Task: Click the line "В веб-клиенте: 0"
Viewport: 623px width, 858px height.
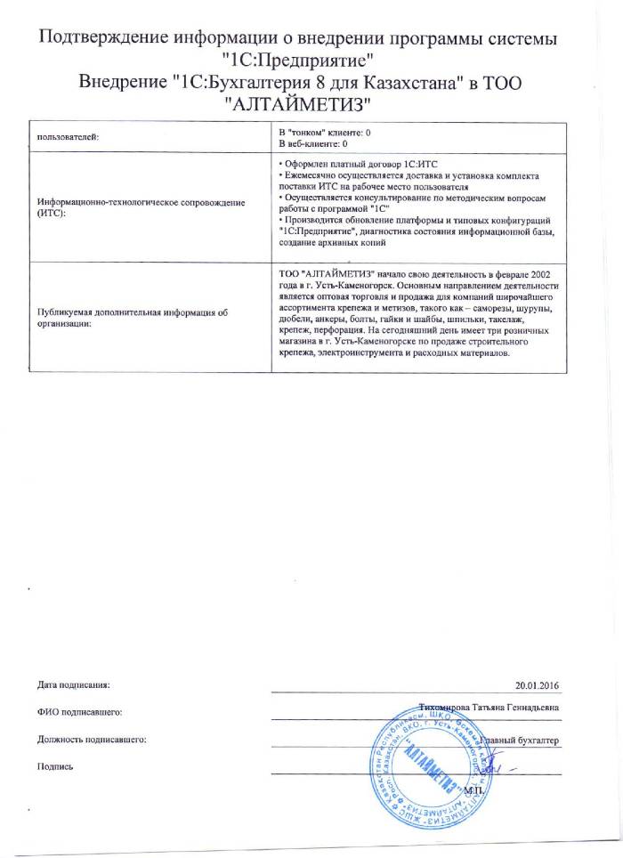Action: pos(313,143)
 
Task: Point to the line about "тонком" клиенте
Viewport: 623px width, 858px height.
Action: pos(325,133)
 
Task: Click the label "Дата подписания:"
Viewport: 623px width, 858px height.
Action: pos(74,685)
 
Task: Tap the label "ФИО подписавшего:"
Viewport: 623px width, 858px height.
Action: pos(79,712)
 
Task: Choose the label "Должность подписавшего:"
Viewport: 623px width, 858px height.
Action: pos(92,739)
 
